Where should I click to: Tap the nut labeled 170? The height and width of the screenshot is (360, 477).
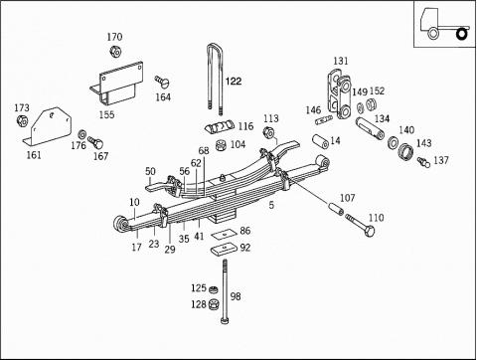tap(115, 52)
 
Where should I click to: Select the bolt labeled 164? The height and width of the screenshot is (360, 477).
tap(162, 82)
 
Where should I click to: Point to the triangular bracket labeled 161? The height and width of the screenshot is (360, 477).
tap(49, 126)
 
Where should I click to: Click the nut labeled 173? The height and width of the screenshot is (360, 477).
tap(22, 120)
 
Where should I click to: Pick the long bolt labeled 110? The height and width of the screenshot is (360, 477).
tap(360, 225)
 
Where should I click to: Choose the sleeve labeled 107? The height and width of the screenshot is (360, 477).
tap(336, 209)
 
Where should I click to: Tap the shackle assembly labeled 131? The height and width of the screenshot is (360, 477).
tap(340, 93)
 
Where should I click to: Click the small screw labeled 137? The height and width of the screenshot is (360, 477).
tap(423, 162)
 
